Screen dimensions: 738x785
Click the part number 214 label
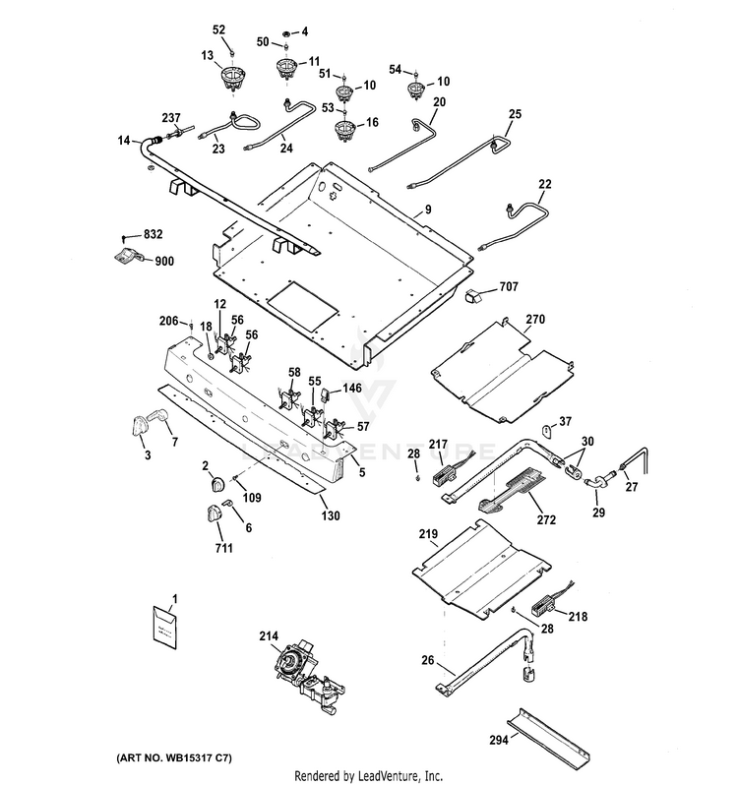tap(269, 635)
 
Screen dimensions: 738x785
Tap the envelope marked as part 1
tap(164, 628)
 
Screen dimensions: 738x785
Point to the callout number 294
tap(499, 740)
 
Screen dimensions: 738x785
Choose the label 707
tap(509, 287)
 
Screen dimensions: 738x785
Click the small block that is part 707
tap(473, 296)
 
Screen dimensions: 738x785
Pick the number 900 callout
tap(164, 262)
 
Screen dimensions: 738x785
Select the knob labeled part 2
tap(217, 485)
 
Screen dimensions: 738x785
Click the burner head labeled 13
tap(233, 80)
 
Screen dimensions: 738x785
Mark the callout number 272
tap(546, 519)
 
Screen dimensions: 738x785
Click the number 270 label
tap(535, 320)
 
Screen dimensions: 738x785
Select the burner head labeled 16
tap(344, 129)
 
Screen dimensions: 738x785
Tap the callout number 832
tap(154, 234)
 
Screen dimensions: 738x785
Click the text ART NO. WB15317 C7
tap(174, 758)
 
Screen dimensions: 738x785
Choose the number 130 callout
tap(331, 515)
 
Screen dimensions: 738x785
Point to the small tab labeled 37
tap(548, 430)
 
